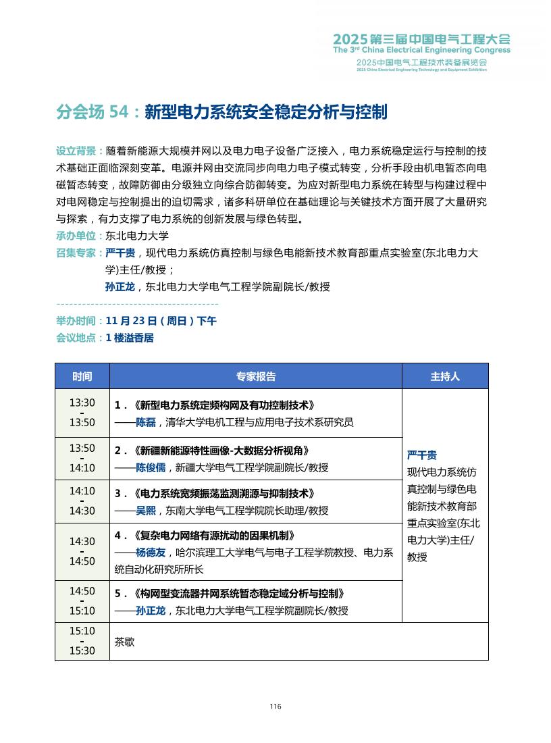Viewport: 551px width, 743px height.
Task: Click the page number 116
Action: (x=275, y=707)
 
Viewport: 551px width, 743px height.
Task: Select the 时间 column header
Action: (x=82, y=376)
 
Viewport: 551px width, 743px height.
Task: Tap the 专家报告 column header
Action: (x=255, y=376)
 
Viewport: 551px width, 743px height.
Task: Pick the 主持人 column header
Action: (x=444, y=376)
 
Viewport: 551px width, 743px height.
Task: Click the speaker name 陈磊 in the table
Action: (x=146, y=423)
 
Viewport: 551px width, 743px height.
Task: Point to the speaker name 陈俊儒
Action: (x=151, y=467)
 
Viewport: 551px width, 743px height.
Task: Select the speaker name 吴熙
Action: (x=146, y=511)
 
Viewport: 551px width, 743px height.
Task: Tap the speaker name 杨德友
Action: (x=151, y=553)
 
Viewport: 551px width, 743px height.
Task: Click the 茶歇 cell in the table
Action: (x=125, y=642)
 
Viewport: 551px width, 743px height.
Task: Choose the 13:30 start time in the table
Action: (x=82, y=403)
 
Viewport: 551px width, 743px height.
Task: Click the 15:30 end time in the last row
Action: (x=82, y=651)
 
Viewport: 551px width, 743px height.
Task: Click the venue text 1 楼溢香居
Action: (x=130, y=338)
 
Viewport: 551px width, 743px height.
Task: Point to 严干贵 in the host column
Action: (x=422, y=455)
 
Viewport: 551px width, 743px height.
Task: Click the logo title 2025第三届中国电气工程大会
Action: (x=422, y=39)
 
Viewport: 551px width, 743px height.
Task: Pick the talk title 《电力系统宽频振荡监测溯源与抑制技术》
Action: (x=224, y=494)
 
